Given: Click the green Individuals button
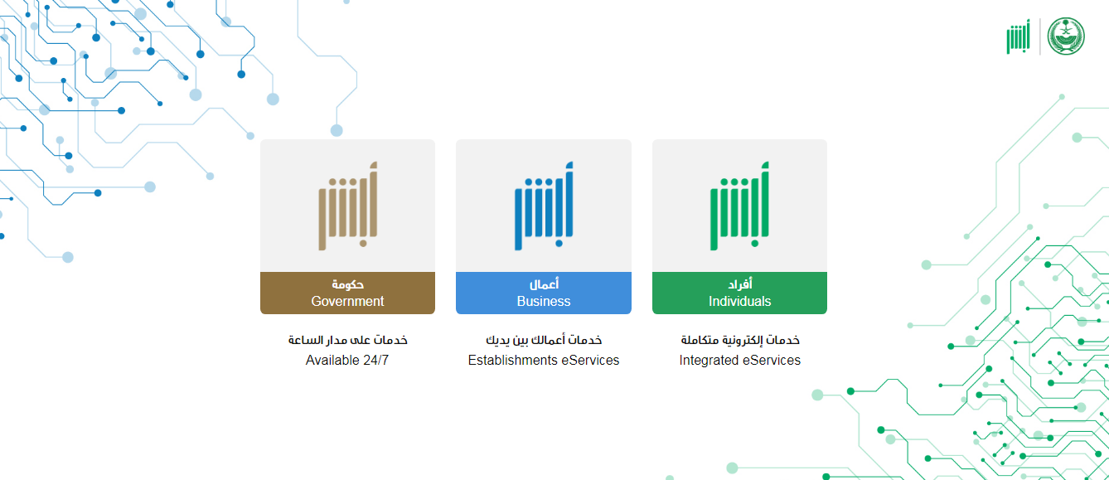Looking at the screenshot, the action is point(739,293).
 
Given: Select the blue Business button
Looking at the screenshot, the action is point(543,293).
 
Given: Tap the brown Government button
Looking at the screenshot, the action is point(347,293).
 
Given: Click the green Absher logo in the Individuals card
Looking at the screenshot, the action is point(739,206).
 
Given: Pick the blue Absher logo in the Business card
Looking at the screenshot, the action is point(544,206).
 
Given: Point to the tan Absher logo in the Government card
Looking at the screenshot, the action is point(347,206).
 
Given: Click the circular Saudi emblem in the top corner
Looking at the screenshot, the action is point(1066,36).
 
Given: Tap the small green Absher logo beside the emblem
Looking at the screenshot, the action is point(1018,36).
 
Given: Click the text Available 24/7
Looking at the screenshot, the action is point(347,360).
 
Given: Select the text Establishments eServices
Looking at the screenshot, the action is point(543,360).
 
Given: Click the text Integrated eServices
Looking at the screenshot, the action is point(739,360).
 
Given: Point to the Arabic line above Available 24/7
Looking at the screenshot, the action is point(347,340).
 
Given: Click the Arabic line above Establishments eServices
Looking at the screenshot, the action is point(544,340).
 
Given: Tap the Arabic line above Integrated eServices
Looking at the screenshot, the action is point(740,340).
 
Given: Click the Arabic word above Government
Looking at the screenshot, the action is point(347,284).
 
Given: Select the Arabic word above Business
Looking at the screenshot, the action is point(544,284).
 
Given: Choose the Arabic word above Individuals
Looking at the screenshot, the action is point(739,284).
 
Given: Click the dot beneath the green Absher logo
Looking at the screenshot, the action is point(754,243).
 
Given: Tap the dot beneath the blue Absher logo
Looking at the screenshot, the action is point(559,243).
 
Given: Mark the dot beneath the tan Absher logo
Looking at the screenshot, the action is point(363,243).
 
